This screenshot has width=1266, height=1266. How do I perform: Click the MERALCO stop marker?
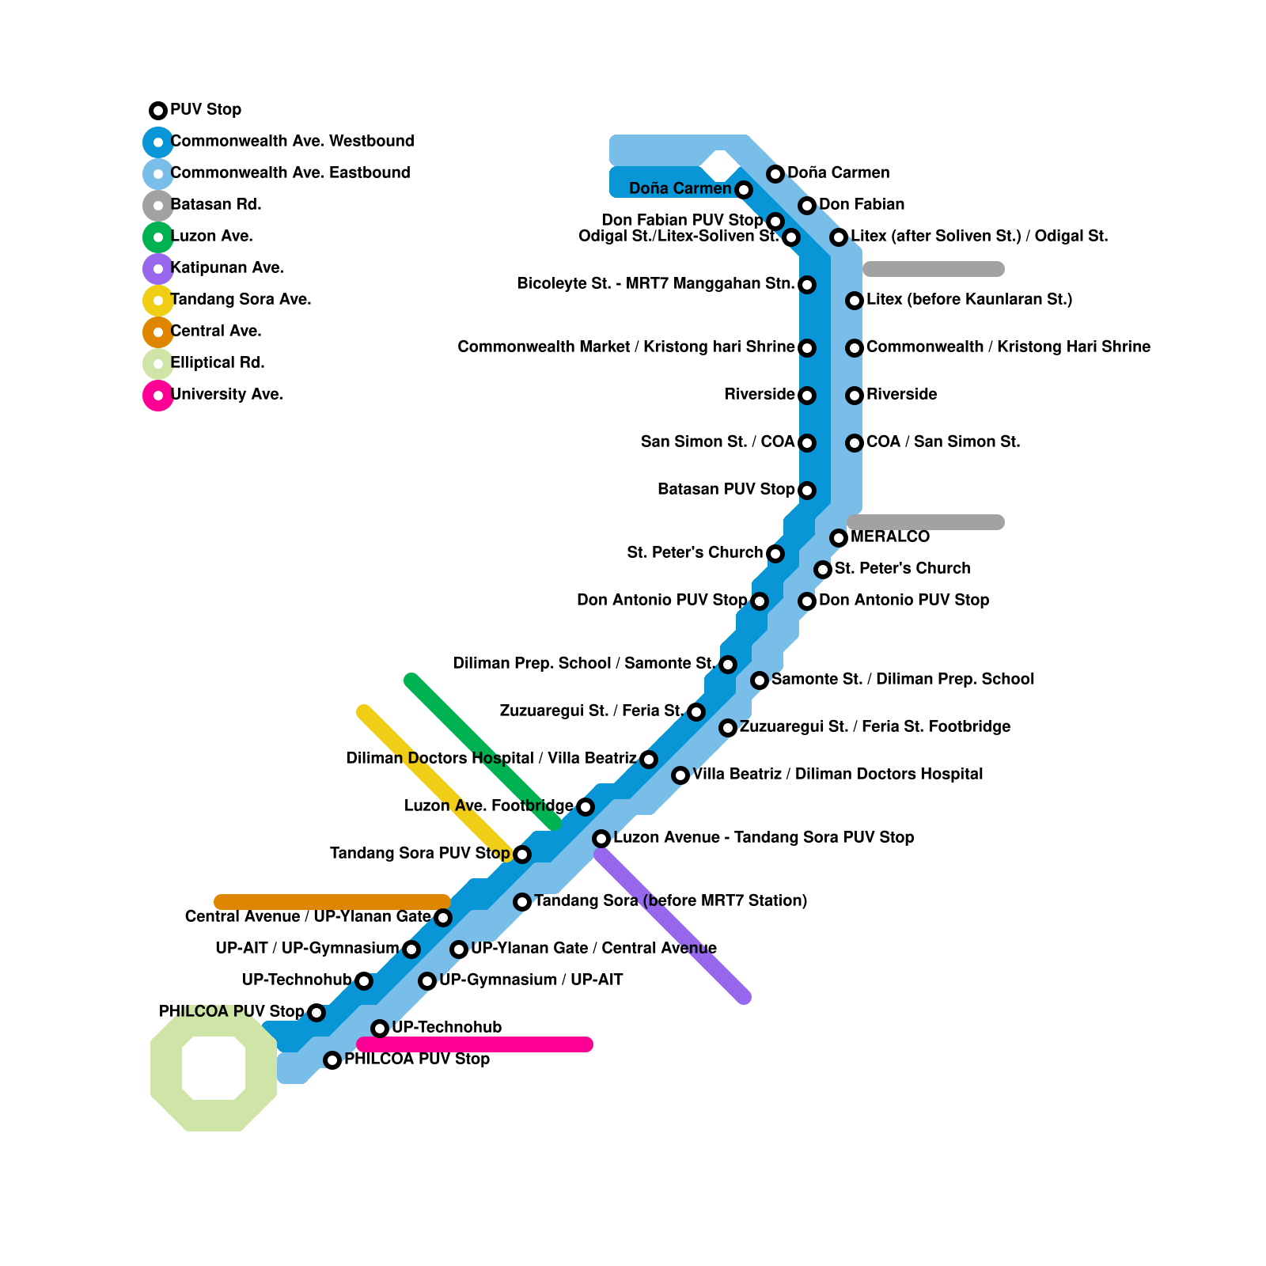pos(839,538)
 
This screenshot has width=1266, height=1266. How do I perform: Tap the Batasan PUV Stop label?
pos(726,490)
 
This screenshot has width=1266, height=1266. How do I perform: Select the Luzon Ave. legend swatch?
pos(158,237)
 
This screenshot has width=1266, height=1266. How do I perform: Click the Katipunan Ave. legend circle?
pos(158,268)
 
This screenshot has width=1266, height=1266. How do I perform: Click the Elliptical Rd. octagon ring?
pos(166,1068)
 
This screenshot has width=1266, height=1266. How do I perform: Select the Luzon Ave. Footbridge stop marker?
pos(586,807)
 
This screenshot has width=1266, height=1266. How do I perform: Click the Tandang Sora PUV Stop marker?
pos(522,855)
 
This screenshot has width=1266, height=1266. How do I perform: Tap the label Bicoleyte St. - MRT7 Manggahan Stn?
pos(656,284)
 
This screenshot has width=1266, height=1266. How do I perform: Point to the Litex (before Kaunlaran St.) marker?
pos(855,301)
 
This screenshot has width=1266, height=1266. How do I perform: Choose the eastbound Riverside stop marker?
pos(855,396)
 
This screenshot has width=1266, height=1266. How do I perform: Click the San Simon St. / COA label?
pos(717,442)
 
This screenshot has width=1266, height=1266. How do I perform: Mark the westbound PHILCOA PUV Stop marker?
pos(316,1013)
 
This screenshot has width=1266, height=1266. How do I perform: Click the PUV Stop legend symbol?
pos(158,110)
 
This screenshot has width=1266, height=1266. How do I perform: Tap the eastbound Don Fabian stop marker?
pos(807,206)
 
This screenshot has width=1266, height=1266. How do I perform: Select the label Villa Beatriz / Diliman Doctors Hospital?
pos(837,775)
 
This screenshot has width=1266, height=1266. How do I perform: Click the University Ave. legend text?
pos(226,395)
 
